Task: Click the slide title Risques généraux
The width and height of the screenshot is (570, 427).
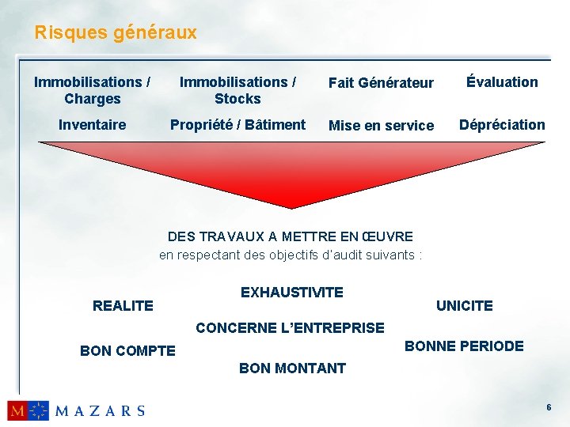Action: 116,33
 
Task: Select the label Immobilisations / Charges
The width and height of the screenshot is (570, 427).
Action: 93,90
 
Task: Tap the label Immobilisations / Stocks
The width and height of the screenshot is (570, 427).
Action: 237,90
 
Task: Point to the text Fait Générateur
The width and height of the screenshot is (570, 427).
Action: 381,83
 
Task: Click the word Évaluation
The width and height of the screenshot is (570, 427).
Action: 502,81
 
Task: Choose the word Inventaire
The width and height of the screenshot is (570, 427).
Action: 93,125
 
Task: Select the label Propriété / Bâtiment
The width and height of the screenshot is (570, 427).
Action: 237,125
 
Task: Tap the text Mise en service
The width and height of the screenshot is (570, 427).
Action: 381,126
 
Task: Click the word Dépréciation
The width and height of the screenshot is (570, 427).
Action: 502,125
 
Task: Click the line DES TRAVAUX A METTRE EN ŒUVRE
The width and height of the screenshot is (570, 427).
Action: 291,236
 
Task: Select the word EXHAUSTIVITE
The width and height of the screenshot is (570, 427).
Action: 292,293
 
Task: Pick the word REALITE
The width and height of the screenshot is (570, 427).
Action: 123,305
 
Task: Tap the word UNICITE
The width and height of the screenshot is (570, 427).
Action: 465,305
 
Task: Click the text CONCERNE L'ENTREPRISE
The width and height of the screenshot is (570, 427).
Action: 290,327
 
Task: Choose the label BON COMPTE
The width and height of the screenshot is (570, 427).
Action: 128,350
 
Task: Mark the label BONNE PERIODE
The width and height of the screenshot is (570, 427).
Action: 464,346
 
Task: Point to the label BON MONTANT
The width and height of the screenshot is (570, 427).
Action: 292,368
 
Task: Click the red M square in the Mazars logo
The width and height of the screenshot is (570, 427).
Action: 17,410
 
